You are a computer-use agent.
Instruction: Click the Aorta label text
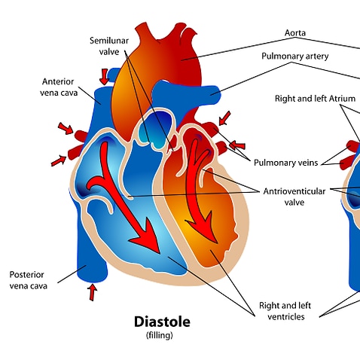tap(294, 33)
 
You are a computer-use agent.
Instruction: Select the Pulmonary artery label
tap(294, 56)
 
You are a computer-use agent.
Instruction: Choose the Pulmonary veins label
tap(284, 161)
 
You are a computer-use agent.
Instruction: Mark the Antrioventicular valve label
tap(294, 197)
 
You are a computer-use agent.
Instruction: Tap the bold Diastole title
tap(162, 322)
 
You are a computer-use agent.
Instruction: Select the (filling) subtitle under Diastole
tap(162, 335)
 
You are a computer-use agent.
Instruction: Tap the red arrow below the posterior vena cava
tap(93, 291)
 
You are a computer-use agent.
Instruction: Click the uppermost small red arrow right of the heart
tap(224, 118)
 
